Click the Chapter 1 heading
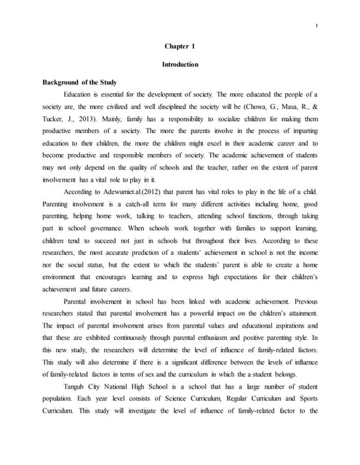180,47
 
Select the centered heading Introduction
180,65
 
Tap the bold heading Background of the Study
80,82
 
